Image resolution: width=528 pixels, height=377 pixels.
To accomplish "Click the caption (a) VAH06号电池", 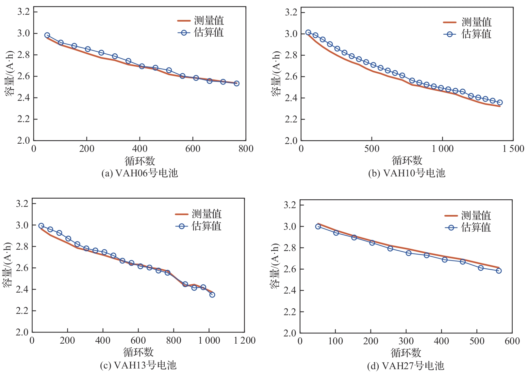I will tap(140, 173).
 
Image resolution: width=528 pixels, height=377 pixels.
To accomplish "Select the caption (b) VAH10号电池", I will tap(406, 173).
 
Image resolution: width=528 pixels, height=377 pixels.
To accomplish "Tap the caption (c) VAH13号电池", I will tap(138, 365).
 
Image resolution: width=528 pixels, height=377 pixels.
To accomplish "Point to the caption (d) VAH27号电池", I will tap(405, 366).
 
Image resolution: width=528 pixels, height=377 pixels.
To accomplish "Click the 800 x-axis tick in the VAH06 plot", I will tap(246, 149).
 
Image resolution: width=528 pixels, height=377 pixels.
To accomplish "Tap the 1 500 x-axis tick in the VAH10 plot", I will tap(513, 149).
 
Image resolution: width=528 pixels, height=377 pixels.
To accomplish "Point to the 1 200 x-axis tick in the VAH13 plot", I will tap(244, 341).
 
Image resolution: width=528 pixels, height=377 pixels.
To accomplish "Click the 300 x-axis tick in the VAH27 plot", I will tap(406, 341).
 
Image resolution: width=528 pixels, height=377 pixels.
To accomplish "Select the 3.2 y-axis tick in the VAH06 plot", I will tap(23, 12).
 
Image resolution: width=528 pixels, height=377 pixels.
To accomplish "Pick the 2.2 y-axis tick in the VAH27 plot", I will tap(289, 312).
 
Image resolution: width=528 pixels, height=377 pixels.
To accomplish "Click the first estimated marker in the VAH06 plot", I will tap(47, 35).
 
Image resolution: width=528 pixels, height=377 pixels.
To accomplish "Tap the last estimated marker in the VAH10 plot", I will tap(500, 102).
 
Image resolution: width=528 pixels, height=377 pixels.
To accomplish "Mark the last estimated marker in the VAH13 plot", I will tap(212, 295).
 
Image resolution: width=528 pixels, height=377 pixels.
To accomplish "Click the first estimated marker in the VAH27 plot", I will tap(318, 226).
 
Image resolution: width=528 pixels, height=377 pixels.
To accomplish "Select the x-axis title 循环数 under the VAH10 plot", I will tap(407, 160).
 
